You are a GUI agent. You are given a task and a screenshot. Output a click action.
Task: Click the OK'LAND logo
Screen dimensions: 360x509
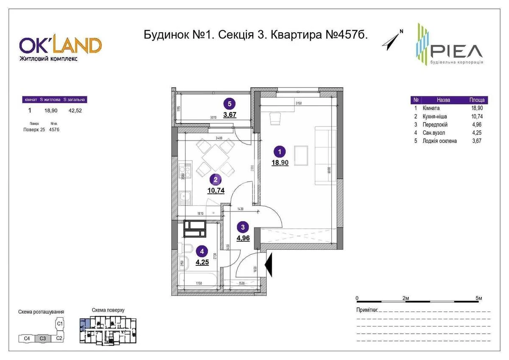coord(60,46)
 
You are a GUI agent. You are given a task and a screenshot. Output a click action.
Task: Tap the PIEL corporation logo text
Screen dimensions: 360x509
coord(457,51)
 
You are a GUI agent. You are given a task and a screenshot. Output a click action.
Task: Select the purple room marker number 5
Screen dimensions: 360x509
coord(229,103)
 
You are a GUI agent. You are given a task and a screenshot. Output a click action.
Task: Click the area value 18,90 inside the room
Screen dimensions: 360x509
coord(280,162)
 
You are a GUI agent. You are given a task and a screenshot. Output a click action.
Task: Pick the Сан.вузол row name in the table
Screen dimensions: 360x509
coord(433,133)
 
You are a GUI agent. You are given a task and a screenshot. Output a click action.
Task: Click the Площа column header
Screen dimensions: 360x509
coord(477,100)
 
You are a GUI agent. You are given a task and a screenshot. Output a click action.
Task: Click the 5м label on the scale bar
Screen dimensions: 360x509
coord(479,298)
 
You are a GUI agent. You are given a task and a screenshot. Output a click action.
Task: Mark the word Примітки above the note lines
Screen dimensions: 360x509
coord(367,311)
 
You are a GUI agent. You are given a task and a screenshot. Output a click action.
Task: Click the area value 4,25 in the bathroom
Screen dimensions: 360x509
coord(202,262)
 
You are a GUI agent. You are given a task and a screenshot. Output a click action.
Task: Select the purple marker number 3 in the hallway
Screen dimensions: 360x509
coord(243,227)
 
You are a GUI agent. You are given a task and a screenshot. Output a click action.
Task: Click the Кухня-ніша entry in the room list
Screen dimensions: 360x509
coord(435,116)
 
